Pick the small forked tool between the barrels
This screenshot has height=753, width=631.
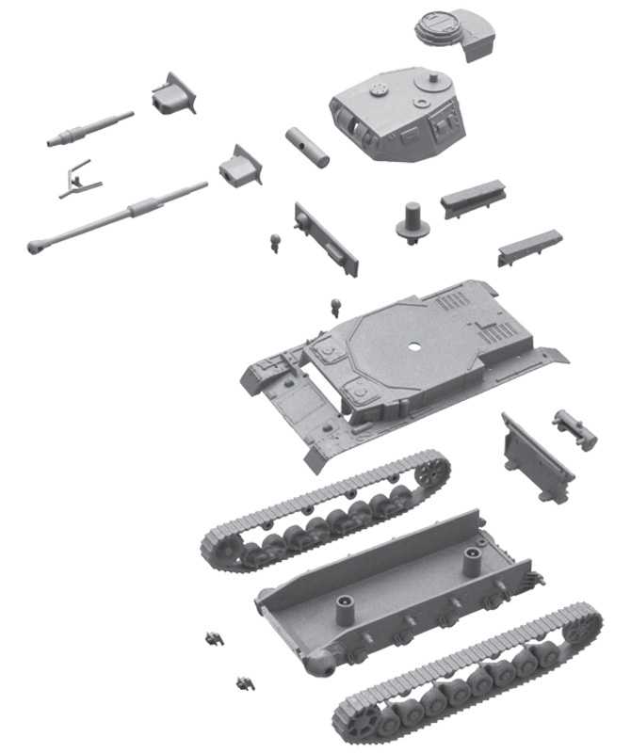pyautogui.click(x=75, y=178)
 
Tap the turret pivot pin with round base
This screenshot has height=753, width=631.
pyautogui.click(x=412, y=222)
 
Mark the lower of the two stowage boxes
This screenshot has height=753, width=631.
pyautogui.click(x=529, y=246)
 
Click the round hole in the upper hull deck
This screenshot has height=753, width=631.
pyautogui.click(x=413, y=344)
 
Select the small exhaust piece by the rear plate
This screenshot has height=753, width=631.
pyautogui.click(x=574, y=427)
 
